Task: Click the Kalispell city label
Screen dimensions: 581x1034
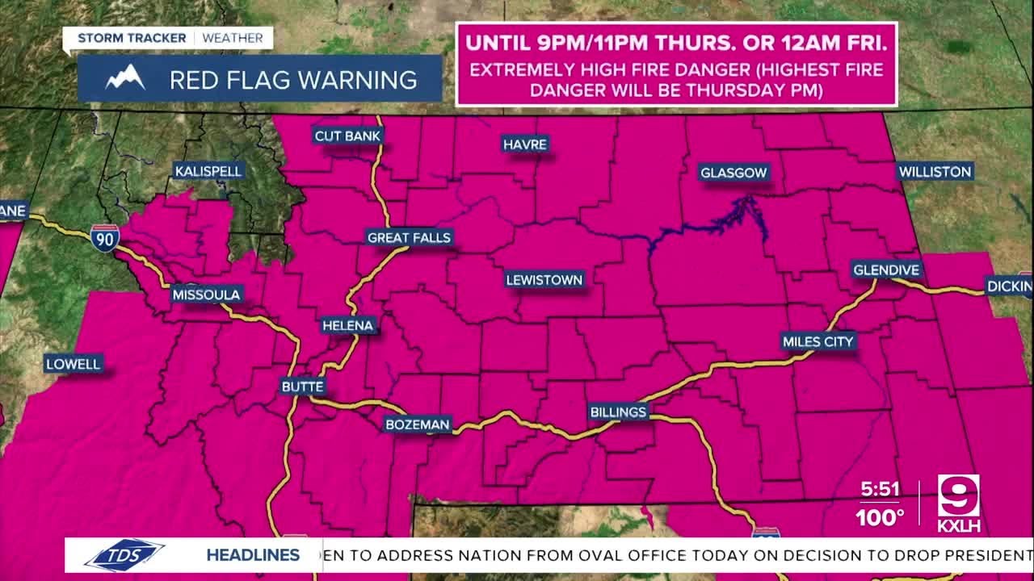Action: coord(209,171)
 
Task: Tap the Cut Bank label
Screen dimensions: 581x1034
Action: coord(347,136)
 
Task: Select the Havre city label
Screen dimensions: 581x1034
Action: coord(525,144)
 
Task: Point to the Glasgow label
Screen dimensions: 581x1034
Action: coord(733,173)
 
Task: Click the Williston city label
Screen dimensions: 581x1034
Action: coord(935,172)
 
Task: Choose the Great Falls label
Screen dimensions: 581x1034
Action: coord(409,237)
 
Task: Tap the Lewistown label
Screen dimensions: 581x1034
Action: coord(544,280)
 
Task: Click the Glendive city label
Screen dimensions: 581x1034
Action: coord(886,270)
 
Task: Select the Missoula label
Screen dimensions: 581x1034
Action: coord(206,295)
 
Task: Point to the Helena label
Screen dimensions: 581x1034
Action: coord(348,326)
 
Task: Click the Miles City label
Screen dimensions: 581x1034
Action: coord(818,342)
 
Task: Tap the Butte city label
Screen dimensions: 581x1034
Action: coord(302,387)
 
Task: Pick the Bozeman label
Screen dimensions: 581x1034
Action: coord(417,424)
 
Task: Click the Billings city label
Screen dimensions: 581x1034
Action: coord(618,412)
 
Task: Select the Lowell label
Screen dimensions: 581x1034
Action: coord(74,364)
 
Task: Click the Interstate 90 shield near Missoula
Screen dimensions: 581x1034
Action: coord(105,236)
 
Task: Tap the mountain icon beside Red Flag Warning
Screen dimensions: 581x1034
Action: coord(125,79)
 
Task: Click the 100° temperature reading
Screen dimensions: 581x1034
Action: coord(880,517)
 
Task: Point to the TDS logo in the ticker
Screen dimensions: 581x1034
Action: coord(124,555)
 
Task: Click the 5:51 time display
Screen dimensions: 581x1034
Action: coord(879,490)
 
